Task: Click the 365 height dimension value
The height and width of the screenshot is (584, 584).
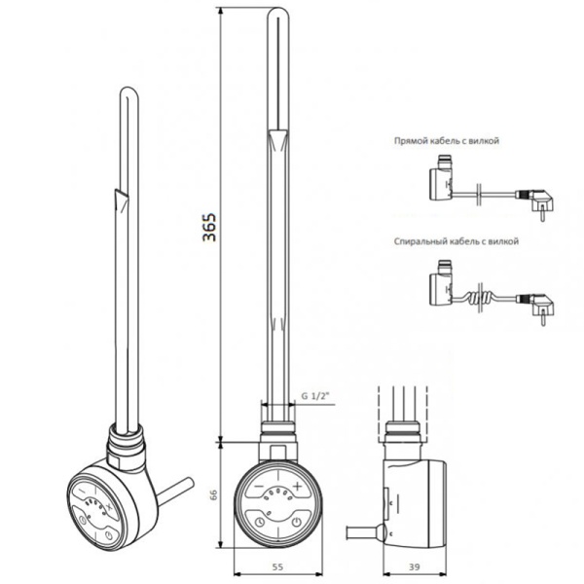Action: [209, 227]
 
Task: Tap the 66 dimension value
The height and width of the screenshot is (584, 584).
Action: [214, 494]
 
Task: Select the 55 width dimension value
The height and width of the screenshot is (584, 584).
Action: [277, 566]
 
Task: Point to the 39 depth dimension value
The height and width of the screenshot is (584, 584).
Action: [415, 566]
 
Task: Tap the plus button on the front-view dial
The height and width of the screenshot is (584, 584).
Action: [297, 486]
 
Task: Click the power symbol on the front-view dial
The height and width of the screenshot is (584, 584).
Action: [297, 522]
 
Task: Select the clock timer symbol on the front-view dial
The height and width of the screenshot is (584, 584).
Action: [259, 522]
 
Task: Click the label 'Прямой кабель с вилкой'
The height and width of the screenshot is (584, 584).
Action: [447, 141]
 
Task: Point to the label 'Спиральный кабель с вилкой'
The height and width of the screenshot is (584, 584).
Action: [456, 241]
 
